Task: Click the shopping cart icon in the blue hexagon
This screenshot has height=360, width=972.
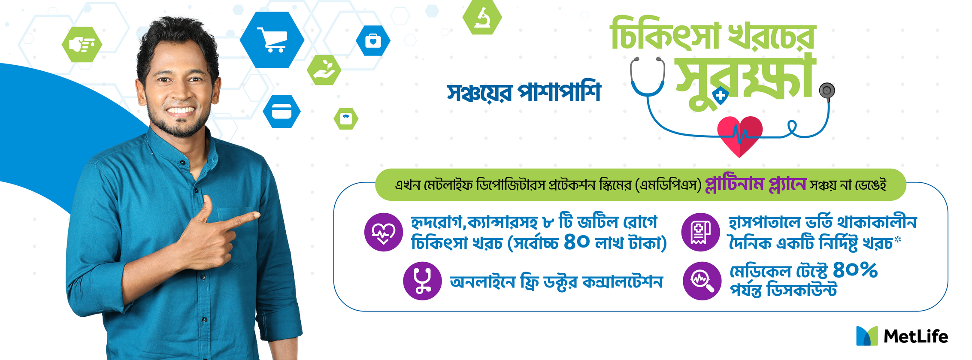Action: pos(272,39)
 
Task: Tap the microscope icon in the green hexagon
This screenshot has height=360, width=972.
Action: pos(482,17)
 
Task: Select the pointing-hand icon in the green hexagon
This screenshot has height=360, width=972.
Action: pos(82,45)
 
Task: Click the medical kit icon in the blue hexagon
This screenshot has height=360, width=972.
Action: pos(373,41)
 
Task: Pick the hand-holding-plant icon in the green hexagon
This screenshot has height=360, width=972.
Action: pos(324,70)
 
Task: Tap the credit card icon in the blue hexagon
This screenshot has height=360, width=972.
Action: pos(282,112)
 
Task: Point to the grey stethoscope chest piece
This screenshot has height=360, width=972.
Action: pos(827,91)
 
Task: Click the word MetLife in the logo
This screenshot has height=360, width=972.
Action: pos(916,336)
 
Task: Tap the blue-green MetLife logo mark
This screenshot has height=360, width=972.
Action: pos(867,336)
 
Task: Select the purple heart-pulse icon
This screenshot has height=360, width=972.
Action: pos(383,232)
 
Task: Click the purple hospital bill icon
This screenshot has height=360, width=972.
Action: pos(700,232)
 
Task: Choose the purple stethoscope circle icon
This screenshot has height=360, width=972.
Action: pos(422,281)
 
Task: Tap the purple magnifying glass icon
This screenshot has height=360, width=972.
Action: pos(702,281)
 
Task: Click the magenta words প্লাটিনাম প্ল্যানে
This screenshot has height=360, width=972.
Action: pos(756,185)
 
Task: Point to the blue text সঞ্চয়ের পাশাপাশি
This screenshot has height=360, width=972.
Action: pos(524,91)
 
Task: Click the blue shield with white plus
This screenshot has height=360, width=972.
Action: pos(721,96)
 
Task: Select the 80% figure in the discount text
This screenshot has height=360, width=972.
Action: pos(855,270)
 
